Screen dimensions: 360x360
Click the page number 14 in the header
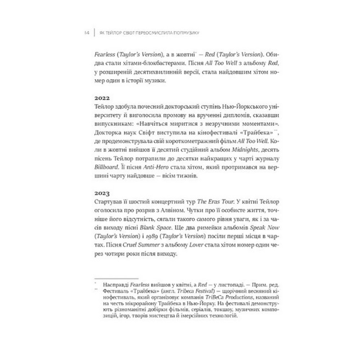click(x=87, y=33)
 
